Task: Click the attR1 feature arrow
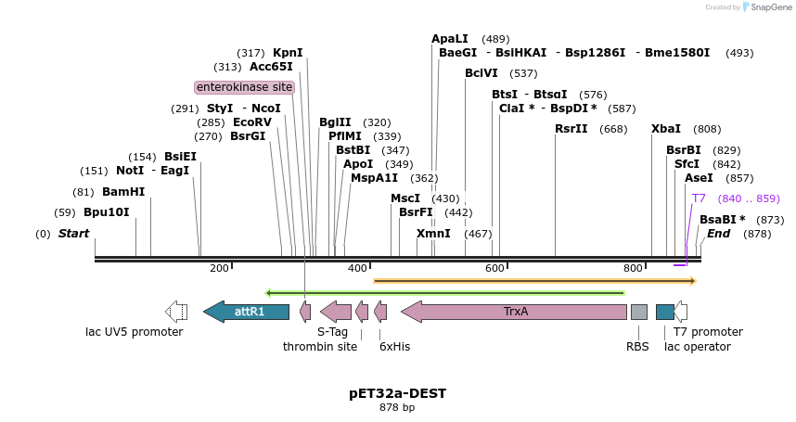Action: click(x=249, y=312)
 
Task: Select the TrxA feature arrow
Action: click(x=515, y=312)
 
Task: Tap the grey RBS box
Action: click(x=638, y=312)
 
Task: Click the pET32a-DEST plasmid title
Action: click(x=397, y=393)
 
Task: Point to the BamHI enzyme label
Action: click(x=123, y=192)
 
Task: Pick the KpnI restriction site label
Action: click(x=288, y=53)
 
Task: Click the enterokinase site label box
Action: click(x=245, y=87)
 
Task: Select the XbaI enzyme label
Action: click(x=666, y=129)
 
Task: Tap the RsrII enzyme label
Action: click(x=571, y=129)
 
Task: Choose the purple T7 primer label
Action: click(x=699, y=198)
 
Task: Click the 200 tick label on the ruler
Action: click(x=219, y=269)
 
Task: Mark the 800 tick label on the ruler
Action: click(x=634, y=269)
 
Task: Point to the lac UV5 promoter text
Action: click(x=135, y=332)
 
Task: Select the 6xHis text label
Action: click(x=394, y=347)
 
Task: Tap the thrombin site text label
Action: click(x=320, y=347)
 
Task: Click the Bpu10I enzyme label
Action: click(x=107, y=212)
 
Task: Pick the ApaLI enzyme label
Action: click(x=450, y=39)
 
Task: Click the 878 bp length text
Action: click(x=397, y=407)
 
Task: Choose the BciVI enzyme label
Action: click(x=481, y=73)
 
